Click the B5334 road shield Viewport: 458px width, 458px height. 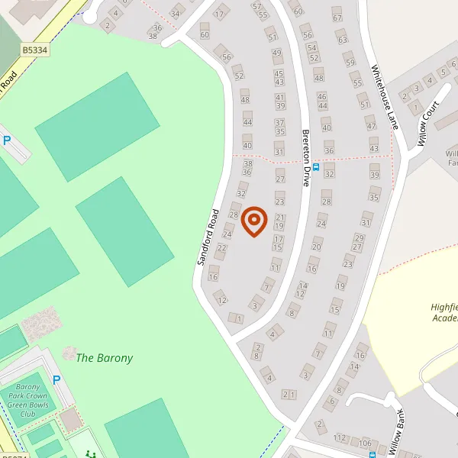point(34,50)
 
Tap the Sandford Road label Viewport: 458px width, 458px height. point(208,236)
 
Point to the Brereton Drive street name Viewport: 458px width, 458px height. point(305,157)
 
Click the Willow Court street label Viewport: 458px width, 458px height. point(430,124)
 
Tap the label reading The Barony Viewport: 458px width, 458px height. point(105,358)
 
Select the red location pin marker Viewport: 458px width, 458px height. point(253,221)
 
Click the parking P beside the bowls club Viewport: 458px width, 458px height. point(56,379)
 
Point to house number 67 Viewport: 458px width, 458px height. point(337,18)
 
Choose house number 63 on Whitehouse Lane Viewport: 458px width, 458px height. point(342,40)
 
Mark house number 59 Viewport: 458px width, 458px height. point(350,63)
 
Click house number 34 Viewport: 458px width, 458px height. point(176,14)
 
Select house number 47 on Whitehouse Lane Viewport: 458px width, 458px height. point(371,126)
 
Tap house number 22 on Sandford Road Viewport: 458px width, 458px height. point(222,247)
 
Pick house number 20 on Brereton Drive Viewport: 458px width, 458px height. point(317,246)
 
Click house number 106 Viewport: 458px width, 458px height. point(366,443)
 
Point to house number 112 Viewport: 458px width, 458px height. point(340,438)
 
